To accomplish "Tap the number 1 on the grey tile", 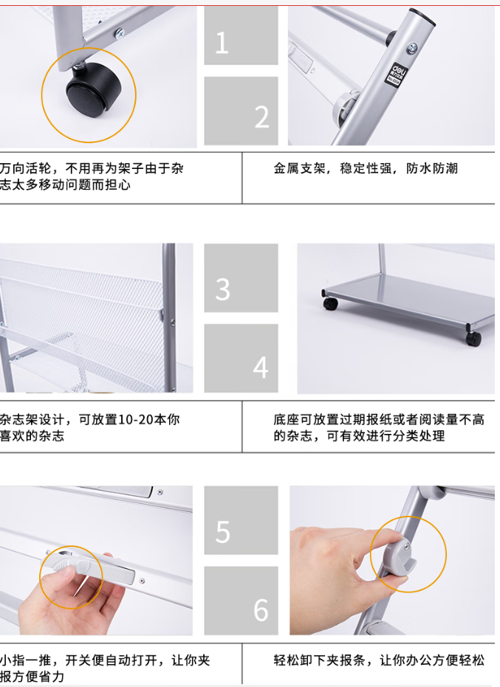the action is tap(222, 43).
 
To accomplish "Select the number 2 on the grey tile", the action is tap(262, 117).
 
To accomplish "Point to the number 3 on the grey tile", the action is tap(222, 289).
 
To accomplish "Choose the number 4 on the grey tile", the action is tap(261, 367).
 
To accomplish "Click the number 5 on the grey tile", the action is tap(223, 532).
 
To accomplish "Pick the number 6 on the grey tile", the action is tap(261, 610).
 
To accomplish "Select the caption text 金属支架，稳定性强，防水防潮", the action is tap(366, 168).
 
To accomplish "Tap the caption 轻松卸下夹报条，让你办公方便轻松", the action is tap(379, 660).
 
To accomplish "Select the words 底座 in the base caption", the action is tap(287, 419).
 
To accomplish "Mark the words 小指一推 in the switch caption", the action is tap(25, 660).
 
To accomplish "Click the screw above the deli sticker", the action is tap(412, 48).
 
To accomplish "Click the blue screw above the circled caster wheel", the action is tap(119, 32).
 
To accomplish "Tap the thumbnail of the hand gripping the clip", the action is tap(392, 560).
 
